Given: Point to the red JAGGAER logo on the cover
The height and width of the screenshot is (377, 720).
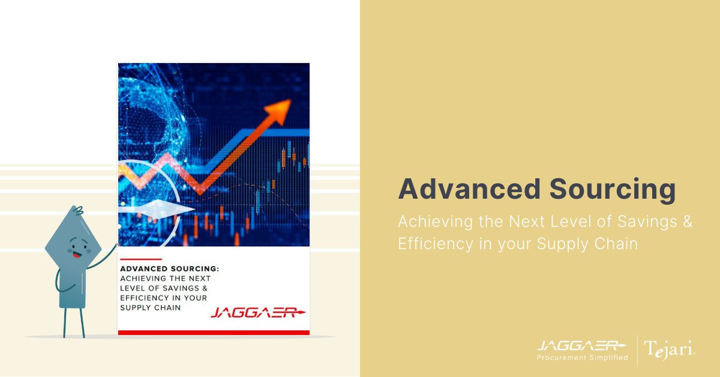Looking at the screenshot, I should pos(258,313).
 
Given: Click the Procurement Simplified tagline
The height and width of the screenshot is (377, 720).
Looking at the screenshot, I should pos(582,358).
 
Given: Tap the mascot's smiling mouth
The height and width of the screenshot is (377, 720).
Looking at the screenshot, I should pos(76,255).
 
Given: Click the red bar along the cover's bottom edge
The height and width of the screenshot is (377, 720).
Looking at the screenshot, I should pos(214,332).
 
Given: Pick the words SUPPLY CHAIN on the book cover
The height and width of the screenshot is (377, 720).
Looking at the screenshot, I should pos(150,307).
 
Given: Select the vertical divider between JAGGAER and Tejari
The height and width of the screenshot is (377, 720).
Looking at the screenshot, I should pos(636,351).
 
